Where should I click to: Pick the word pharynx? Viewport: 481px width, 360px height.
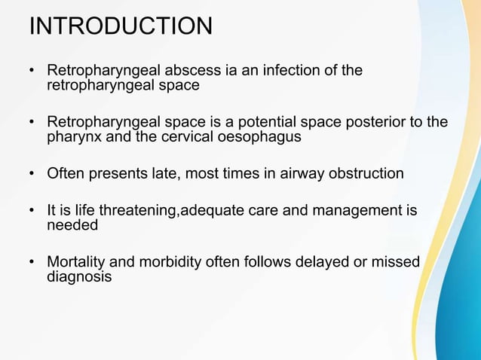point(72,137)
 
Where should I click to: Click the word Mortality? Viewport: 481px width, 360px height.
point(77,262)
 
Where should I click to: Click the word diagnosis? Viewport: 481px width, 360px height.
point(79,276)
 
